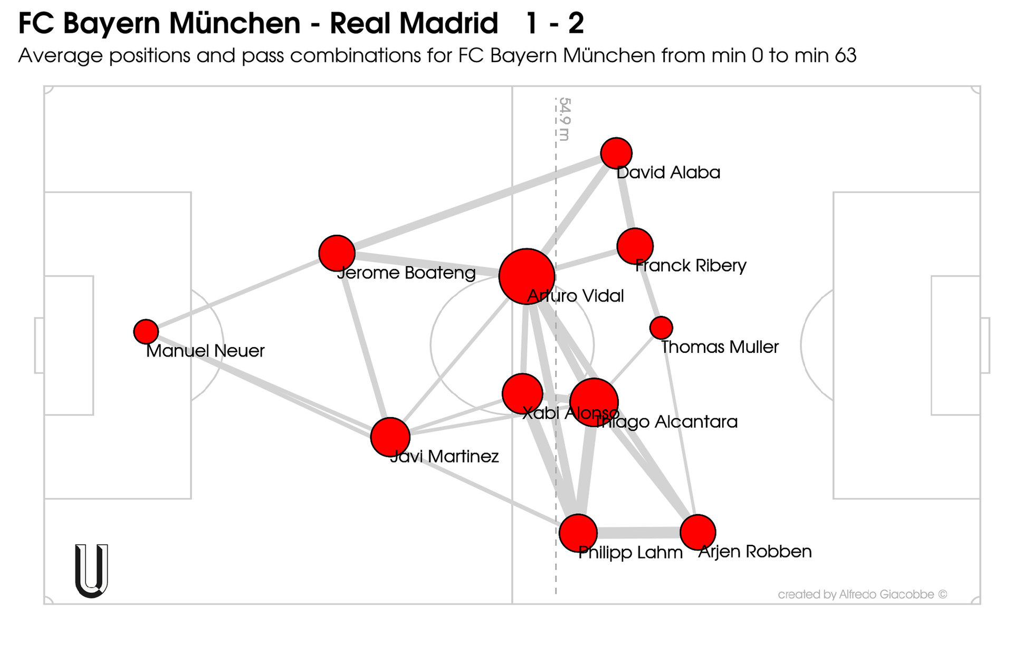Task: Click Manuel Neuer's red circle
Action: click(x=146, y=331)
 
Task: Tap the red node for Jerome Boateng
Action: click(x=337, y=253)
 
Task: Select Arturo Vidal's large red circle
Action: click(x=527, y=276)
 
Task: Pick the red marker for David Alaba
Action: click(x=616, y=153)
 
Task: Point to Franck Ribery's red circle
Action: click(x=635, y=246)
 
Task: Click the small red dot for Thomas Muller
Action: click(x=661, y=328)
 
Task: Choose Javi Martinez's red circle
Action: click(x=390, y=437)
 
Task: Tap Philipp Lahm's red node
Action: click(x=578, y=533)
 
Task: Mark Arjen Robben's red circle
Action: click(x=697, y=532)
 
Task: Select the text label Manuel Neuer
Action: click(x=205, y=351)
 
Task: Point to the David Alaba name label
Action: click(x=668, y=172)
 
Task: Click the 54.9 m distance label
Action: click(x=565, y=119)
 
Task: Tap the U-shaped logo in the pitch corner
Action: click(x=92, y=571)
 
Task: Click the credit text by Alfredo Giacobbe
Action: click(x=862, y=594)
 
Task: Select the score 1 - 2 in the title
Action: click(x=555, y=24)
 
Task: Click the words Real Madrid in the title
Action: click(x=414, y=24)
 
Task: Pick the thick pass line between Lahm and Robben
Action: click(x=638, y=532)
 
